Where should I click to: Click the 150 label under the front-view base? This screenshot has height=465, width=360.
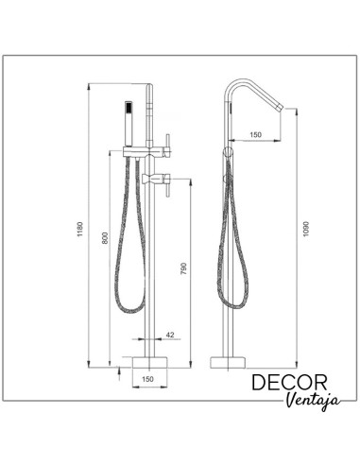point(146,380)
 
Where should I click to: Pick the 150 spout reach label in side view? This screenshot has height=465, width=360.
point(254,135)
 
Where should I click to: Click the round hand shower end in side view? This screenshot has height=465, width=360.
point(227,150)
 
